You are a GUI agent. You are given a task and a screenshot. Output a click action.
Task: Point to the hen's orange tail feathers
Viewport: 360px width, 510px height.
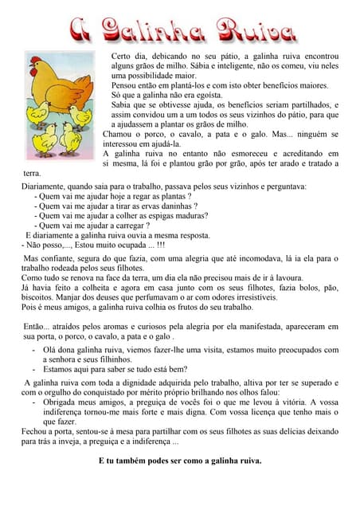(x=89, y=76)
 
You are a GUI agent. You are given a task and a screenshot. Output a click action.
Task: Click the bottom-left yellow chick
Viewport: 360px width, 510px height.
(x=45, y=141)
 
